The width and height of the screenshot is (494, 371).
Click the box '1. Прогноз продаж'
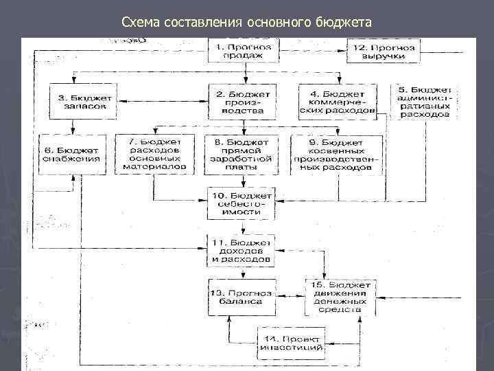pos(242,50)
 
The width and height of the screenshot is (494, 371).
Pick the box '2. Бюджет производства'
pos(242,102)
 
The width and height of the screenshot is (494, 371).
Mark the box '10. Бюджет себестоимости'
pos(242,201)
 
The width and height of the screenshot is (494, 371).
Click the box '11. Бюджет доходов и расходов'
pos(242,251)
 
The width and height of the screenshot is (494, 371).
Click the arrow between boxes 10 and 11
pos(242,226)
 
